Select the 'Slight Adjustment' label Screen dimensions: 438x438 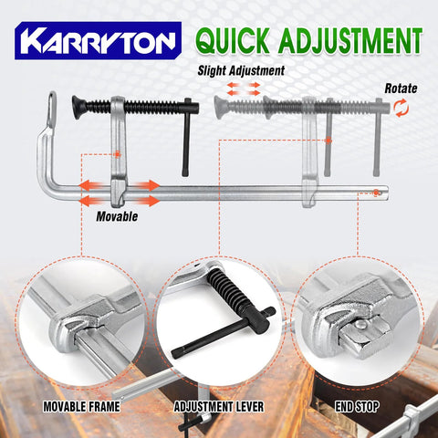tap(240, 70)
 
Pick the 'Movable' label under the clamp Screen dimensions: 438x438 tap(117, 217)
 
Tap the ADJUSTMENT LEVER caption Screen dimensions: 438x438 tap(219, 407)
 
